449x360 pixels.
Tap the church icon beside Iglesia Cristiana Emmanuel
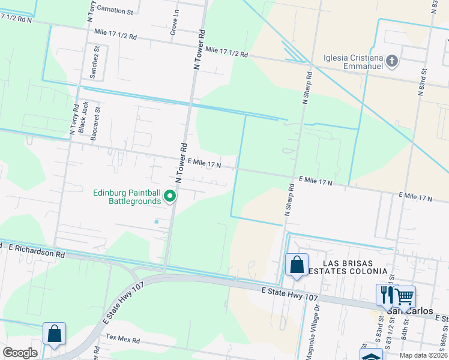(392, 61)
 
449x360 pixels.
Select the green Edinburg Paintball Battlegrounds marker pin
(170, 196)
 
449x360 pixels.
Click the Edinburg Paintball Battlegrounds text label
(127, 197)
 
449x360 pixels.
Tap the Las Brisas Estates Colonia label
(348, 267)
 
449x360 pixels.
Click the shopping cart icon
(405, 295)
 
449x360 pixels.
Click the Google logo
(20, 353)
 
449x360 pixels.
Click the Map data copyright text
(423, 355)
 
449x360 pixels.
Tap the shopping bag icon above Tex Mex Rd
(54, 334)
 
